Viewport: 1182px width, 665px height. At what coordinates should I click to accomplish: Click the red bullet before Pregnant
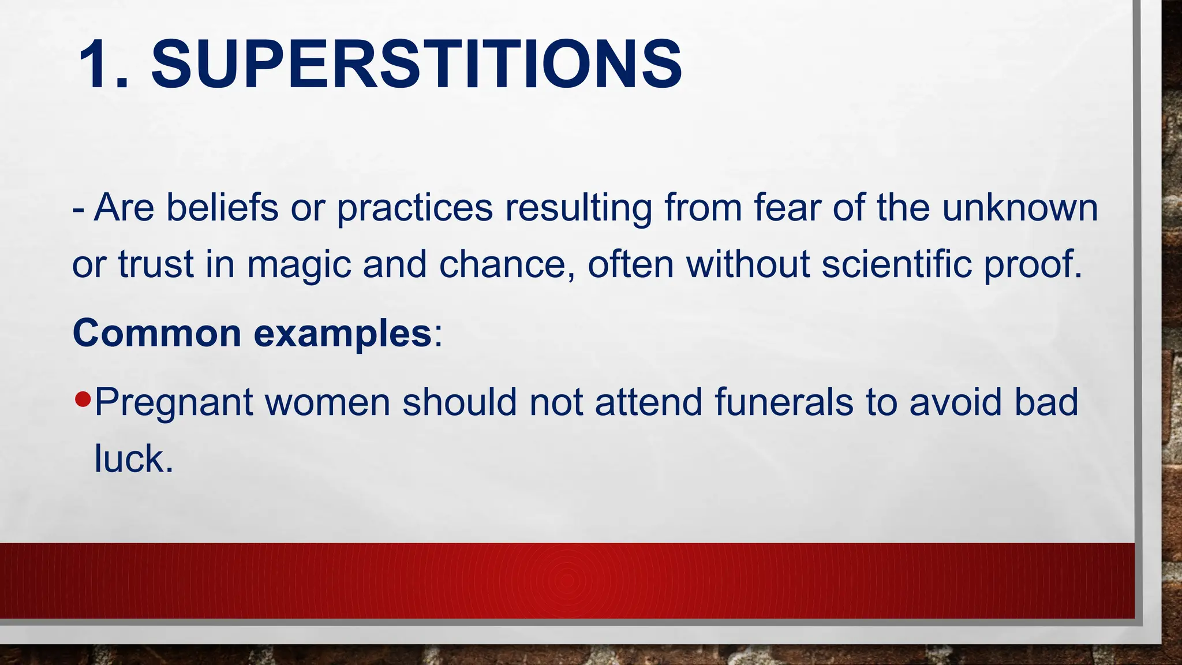click(x=83, y=399)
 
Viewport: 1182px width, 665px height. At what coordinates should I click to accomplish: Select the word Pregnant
click(x=173, y=402)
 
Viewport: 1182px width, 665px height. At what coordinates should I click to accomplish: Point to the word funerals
click(x=784, y=402)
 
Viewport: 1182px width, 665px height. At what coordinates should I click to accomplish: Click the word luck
click(x=133, y=459)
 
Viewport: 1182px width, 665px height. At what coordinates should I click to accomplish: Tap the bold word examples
click(x=343, y=334)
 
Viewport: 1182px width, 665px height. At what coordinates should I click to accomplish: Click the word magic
click(x=299, y=265)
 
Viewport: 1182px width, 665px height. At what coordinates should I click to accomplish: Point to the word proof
click(x=1033, y=265)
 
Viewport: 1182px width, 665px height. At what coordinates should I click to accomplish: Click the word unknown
click(x=1020, y=208)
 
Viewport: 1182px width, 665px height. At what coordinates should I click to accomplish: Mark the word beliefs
click(x=222, y=208)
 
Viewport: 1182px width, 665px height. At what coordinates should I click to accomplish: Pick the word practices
click(x=415, y=208)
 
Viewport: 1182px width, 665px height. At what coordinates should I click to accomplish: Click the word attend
click(x=648, y=402)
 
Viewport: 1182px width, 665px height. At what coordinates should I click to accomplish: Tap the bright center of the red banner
click(x=567, y=580)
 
